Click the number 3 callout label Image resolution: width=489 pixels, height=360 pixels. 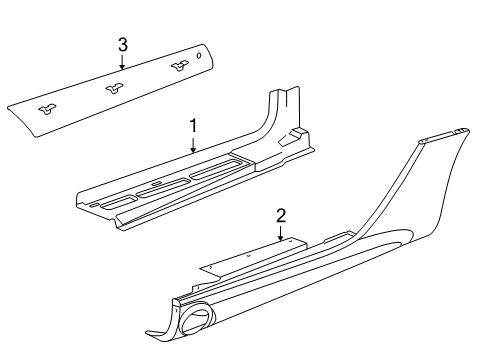pyautogui.click(x=122, y=44)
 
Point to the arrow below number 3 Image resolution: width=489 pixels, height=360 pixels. pyautogui.click(x=122, y=62)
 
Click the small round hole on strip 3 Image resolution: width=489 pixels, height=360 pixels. pyautogui.click(x=199, y=57)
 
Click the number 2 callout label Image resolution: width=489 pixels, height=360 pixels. pyautogui.click(x=281, y=214)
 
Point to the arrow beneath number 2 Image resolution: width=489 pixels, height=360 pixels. pyautogui.click(x=281, y=233)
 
